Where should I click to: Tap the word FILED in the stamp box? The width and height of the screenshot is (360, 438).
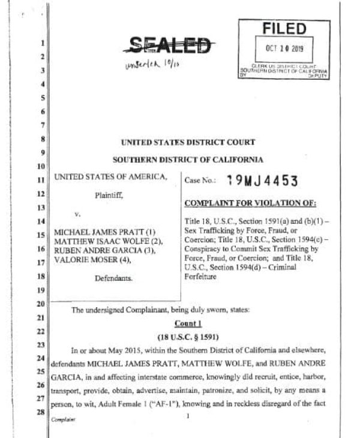point(284,29)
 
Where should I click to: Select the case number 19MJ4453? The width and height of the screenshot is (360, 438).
point(261,181)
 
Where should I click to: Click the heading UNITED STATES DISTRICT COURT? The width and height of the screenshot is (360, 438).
point(188,142)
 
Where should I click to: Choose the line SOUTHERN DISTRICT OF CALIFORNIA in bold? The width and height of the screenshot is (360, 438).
point(188,160)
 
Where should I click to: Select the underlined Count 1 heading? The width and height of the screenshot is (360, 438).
point(187,323)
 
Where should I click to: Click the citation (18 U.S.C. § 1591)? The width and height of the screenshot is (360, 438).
point(187,336)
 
